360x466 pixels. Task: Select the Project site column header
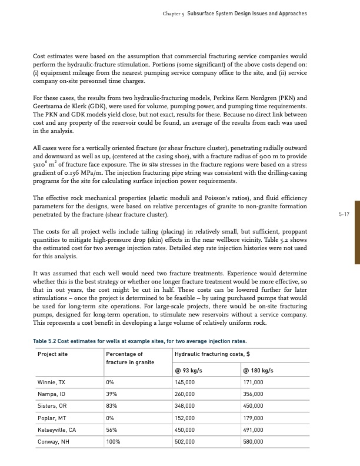pyautogui.click(x=52, y=354)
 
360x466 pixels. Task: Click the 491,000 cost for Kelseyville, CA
pyautogui.click(x=254, y=431)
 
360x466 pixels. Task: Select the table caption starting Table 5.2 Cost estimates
pyautogui.click(x=138, y=341)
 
